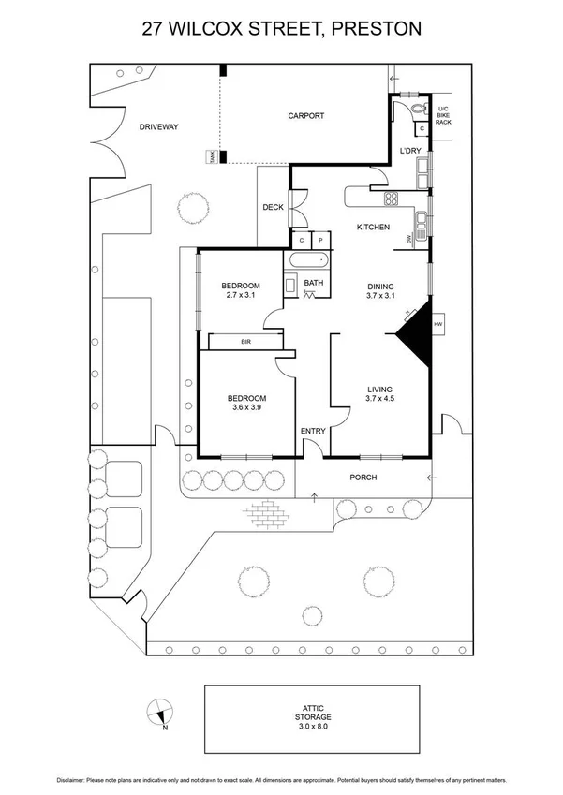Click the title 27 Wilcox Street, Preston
click(281, 29)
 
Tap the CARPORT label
click(305, 116)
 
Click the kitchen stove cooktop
click(390, 198)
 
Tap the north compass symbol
click(160, 713)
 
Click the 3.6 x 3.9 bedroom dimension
click(247, 407)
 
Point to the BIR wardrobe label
click(245, 343)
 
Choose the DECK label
click(273, 208)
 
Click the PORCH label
click(363, 478)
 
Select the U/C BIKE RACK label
click(444, 112)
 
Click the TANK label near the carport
click(212, 158)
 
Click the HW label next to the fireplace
click(437, 325)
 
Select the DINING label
click(379, 287)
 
